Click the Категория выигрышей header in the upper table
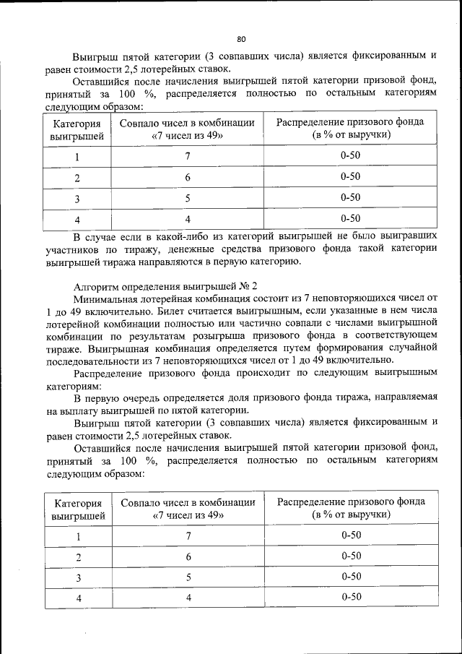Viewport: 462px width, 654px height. coord(77,129)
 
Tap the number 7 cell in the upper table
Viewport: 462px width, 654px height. coord(187,157)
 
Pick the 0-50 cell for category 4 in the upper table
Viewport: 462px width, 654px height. coord(350,218)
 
